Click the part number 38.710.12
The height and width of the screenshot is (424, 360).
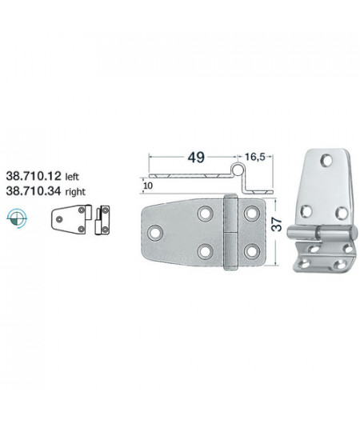coord(34,176)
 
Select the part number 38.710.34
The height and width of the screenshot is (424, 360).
coord(34,191)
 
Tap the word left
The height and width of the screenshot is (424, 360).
coord(72,177)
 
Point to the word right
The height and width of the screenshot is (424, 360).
coord(75,192)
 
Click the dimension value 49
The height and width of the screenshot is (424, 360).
coord(196,158)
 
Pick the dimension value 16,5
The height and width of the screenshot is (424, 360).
coord(254,157)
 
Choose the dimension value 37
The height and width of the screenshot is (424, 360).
coord(277,224)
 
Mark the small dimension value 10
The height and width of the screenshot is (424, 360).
coord(149,186)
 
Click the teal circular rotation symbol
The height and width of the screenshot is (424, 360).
coord(17,218)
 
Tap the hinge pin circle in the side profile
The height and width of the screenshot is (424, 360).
coord(238,169)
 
